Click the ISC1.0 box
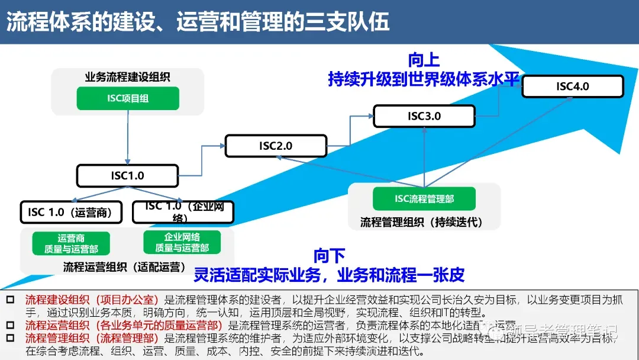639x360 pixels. click(127, 176)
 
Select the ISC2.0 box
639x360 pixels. click(276, 146)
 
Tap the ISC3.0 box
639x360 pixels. click(424, 116)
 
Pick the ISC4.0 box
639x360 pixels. click(572, 86)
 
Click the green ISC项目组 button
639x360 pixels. click(128, 98)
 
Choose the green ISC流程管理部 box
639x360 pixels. click(424, 199)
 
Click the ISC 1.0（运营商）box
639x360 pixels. click(70, 212)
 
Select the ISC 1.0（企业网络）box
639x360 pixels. click(183, 212)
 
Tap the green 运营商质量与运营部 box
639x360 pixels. click(71, 243)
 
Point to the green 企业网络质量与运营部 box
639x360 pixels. click(182, 242)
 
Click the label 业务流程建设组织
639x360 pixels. click(128, 76)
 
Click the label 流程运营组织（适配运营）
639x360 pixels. click(124, 267)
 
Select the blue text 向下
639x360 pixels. click(329, 256)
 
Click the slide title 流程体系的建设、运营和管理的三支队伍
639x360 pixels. click(198, 21)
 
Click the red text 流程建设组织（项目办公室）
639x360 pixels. click(92, 300)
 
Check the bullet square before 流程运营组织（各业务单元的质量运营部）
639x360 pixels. click(9, 325)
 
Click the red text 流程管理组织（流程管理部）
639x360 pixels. click(92, 338)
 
